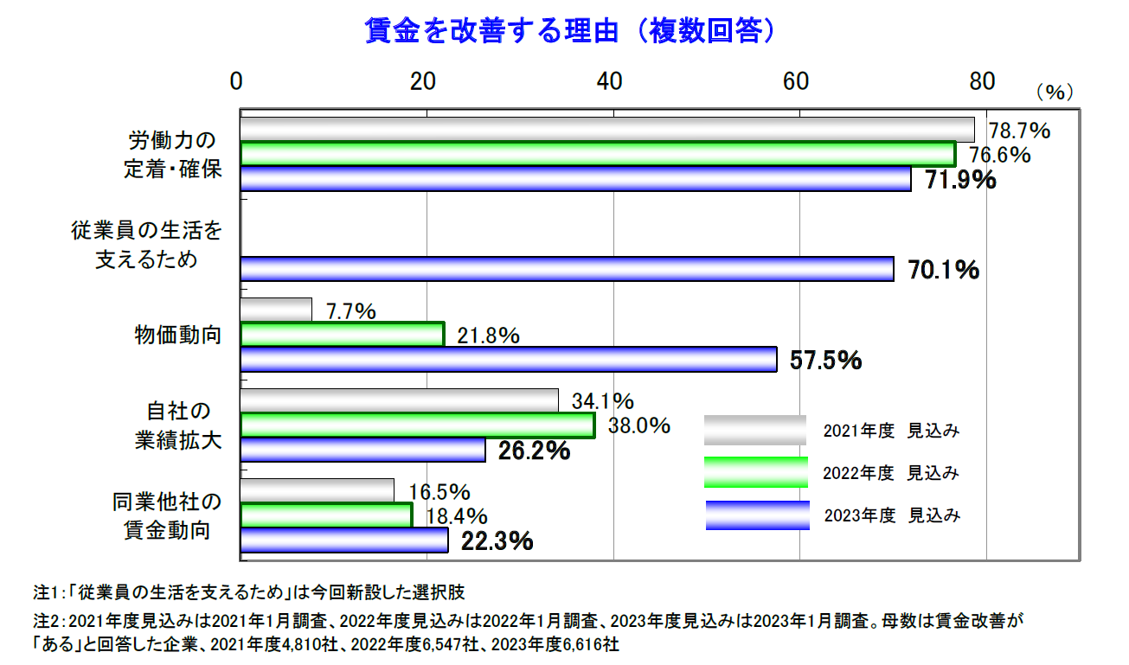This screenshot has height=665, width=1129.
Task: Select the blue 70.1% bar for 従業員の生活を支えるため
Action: (567, 269)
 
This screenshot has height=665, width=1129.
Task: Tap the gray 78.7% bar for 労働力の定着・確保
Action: (606, 130)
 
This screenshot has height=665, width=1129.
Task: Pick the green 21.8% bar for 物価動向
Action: (342, 335)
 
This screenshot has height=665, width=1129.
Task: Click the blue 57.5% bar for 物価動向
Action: (508, 359)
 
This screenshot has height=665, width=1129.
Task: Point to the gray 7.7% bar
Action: (276, 310)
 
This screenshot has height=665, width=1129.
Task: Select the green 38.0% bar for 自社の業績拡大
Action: (417, 425)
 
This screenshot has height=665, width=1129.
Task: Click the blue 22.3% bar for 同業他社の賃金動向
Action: (344, 540)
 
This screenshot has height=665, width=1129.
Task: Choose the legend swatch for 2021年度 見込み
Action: (754, 430)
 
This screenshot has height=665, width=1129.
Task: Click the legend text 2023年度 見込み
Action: (891, 516)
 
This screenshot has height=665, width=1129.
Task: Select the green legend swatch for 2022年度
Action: (755, 473)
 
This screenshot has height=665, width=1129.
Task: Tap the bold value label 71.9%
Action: (960, 181)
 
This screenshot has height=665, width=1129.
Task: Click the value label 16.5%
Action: (439, 493)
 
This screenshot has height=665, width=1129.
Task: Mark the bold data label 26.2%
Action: (534, 451)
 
